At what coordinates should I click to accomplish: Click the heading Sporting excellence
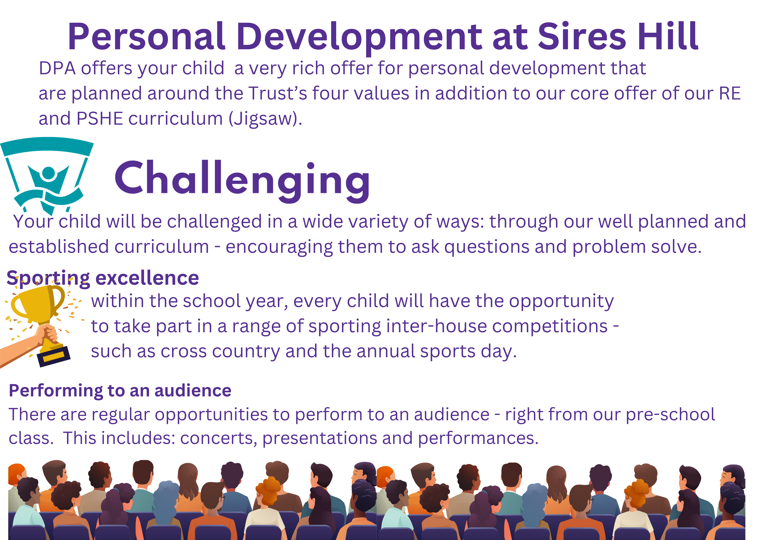pos(103,278)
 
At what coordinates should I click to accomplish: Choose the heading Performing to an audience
pos(120,391)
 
